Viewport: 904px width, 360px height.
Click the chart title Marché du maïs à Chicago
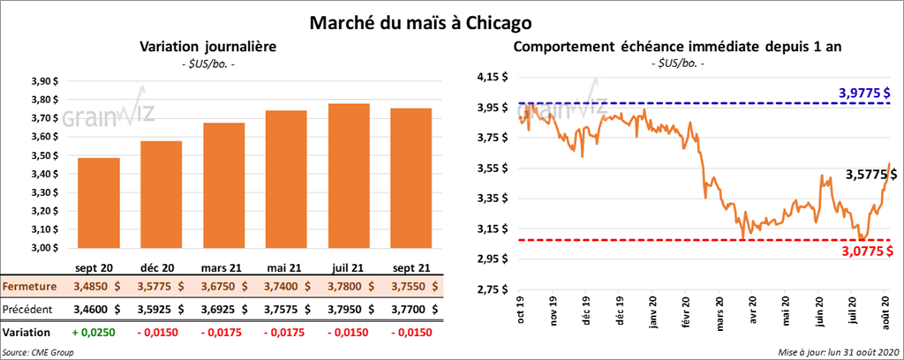(419, 19)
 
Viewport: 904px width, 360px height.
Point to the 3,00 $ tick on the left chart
(45, 248)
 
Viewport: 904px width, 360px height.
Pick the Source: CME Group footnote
(38, 352)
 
